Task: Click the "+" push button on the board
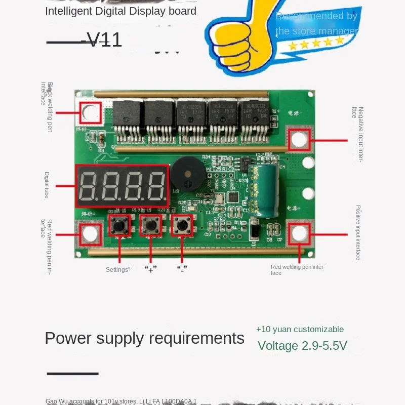click(x=150, y=225)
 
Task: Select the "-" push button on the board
click(x=181, y=225)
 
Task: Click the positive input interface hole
click(x=299, y=233)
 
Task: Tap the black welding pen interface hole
click(x=91, y=113)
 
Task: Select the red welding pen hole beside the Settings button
click(x=90, y=233)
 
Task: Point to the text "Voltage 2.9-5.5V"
click(x=302, y=346)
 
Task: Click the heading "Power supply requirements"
click(x=144, y=338)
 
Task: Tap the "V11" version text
click(x=104, y=40)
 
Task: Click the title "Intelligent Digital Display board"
click(x=120, y=11)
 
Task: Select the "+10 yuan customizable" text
click(x=300, y=329)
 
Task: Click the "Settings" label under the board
click(x=117, y=270)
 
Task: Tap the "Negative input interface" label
click(x=360, y=134)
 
